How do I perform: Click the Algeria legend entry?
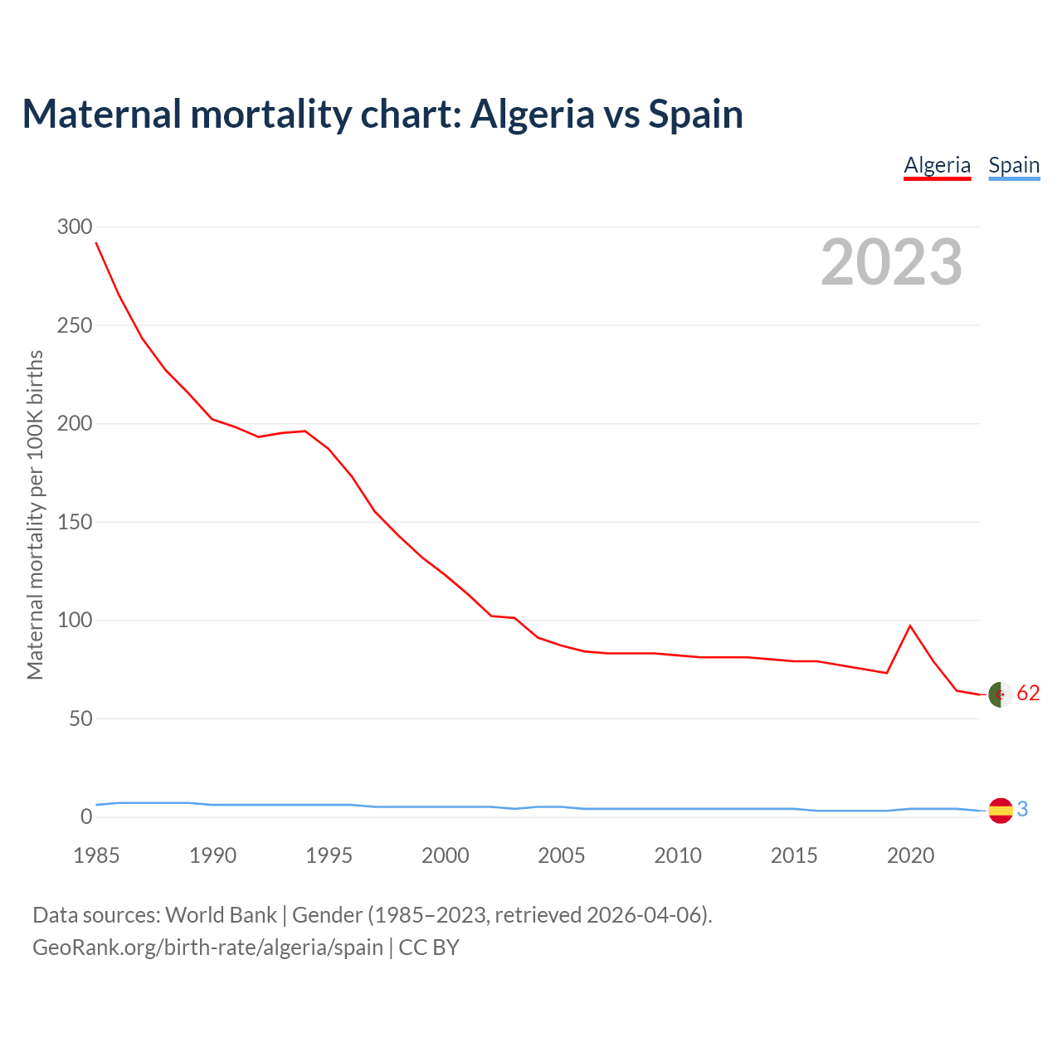(937, 165)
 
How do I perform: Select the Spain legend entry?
(1014, 165)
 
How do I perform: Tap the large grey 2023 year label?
(891, 262)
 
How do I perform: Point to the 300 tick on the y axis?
(74, 227)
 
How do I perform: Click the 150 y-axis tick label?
(74, 522)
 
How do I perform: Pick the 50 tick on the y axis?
(80, 719)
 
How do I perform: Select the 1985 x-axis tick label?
(96, 855)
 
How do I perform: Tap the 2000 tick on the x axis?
(446, 855)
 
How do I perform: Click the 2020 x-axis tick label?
(910, 855)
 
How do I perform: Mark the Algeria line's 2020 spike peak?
(910, 626)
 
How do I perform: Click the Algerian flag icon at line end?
(1001, 694)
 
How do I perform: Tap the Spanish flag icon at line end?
(1001, 811)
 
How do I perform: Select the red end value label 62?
(1028, 694)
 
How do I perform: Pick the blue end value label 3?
(1022, 809)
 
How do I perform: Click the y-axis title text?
(35, 515)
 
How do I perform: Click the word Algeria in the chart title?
(532, 114)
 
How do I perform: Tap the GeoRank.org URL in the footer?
(207, 947)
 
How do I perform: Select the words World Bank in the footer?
(221, 915)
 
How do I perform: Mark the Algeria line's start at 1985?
(96, 242)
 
